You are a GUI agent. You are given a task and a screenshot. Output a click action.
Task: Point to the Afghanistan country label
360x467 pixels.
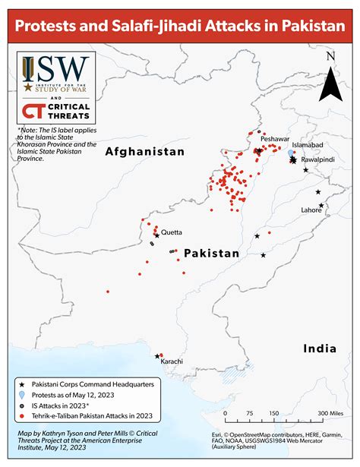click(145, 152)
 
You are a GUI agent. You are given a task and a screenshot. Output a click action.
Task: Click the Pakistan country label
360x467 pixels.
click(212, 253)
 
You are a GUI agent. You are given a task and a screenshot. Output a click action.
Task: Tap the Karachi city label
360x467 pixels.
click(172, 361)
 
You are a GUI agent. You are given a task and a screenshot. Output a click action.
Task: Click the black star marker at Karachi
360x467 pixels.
click(157, 355)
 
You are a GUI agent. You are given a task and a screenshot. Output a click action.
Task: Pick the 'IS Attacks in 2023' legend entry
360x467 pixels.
click(62, 406)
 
